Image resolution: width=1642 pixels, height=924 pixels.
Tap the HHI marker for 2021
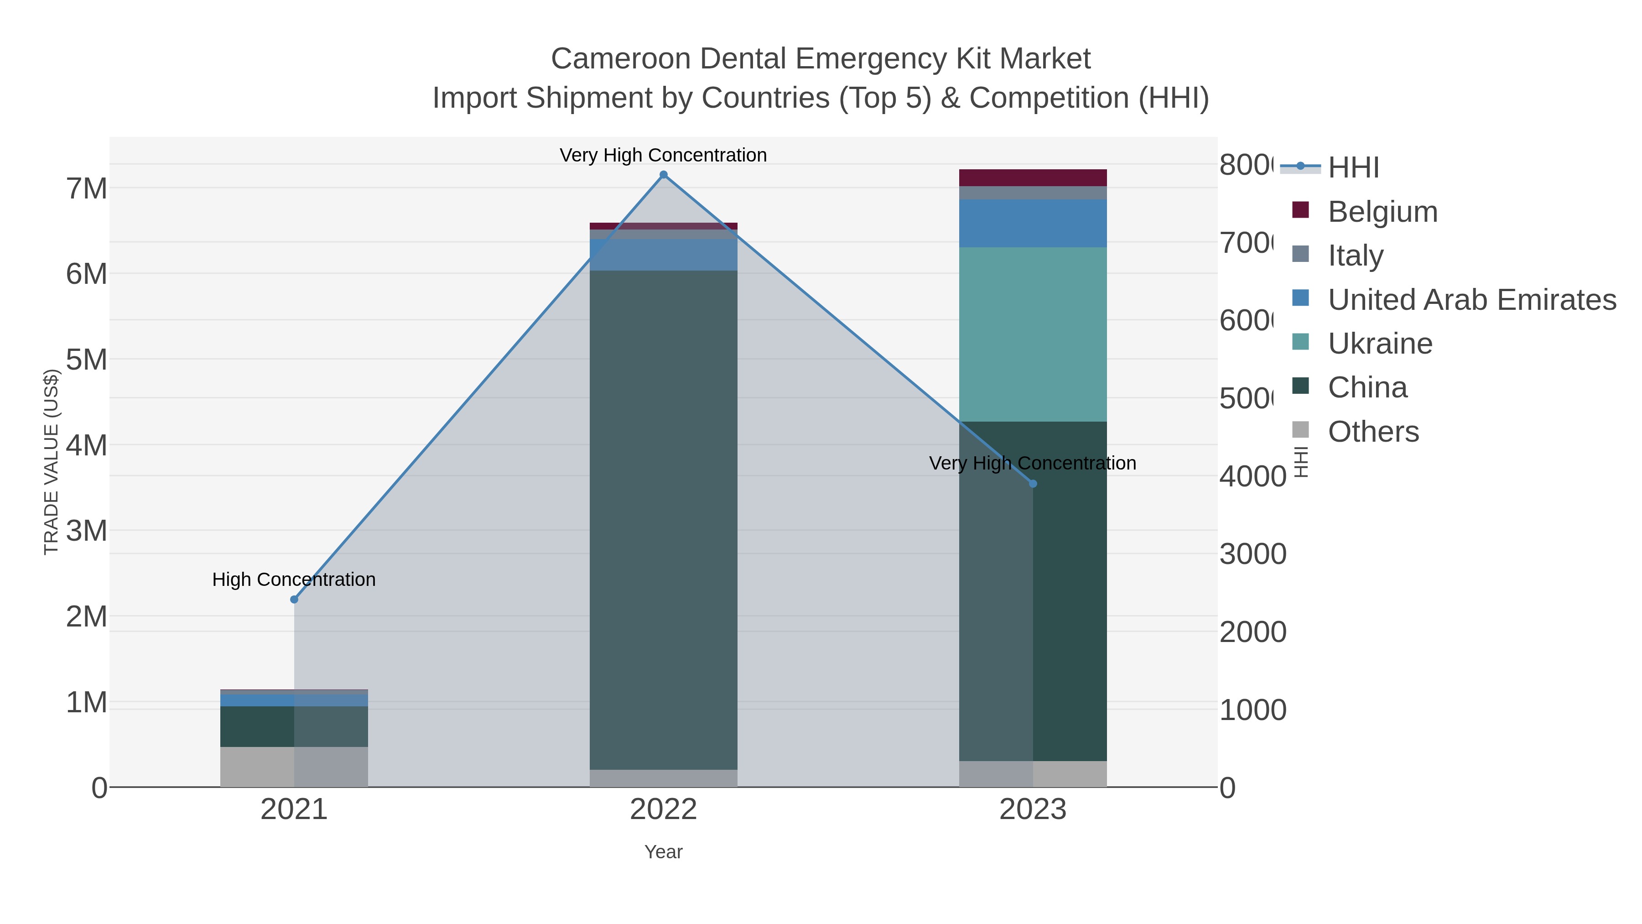click(294, 600)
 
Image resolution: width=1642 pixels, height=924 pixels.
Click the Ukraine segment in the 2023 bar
click(1033, 334)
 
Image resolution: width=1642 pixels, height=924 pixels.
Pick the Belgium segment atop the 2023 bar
click(1033, 177)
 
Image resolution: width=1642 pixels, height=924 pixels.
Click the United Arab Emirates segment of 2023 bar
click(1033, 223)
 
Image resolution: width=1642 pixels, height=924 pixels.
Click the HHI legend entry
click(1353, 168)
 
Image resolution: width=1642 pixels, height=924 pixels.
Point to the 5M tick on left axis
click(87, 360)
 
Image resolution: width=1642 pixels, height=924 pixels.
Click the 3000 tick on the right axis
click(1252, 554)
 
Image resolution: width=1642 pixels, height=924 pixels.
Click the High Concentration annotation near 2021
click(294, 579)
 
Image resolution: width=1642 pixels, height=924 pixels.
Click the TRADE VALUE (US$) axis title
click(51, 462)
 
